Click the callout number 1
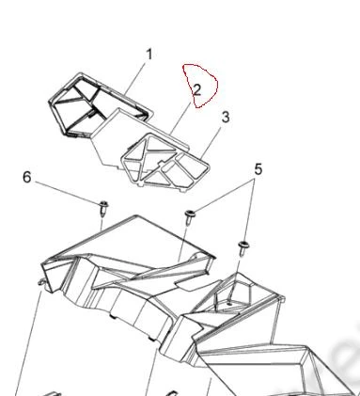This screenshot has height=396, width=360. click(149, 55)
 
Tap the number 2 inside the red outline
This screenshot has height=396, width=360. click(197, 90)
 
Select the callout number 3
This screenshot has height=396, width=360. click(226, 118)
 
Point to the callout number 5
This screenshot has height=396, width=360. click(258, 169)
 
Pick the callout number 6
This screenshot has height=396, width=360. click(27, 177)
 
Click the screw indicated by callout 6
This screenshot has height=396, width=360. click(103, 208)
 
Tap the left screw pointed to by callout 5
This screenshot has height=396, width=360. click(189, 217)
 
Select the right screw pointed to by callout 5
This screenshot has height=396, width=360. click(243, 248)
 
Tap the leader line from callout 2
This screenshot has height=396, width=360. click(180, 119)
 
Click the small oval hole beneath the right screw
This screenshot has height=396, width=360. click(230, 304)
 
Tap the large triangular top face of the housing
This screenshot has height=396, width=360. click(132, 238)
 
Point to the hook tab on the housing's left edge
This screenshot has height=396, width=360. click(41, 282)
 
